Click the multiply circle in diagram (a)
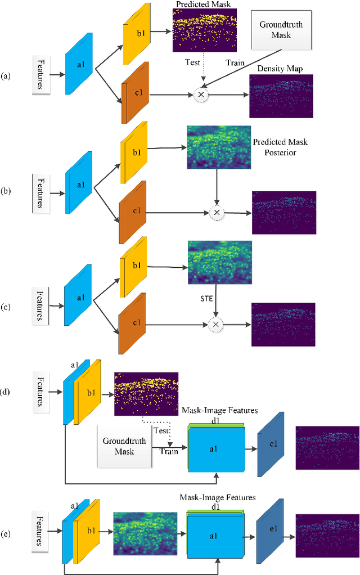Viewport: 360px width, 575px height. pos(200,95)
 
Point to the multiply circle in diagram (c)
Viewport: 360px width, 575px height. pos(215,324)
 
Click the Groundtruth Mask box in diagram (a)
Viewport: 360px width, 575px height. pos(277,31)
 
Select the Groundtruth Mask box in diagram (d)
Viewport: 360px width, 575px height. pos(125,446)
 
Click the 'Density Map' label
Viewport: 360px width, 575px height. pos(279,69)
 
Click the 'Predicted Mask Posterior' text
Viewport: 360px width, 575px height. pos(281,147)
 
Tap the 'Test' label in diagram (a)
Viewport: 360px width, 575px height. pos(192,62)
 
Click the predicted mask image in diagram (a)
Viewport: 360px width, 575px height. pos(206,30)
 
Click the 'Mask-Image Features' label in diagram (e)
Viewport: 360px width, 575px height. pos(217,497)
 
